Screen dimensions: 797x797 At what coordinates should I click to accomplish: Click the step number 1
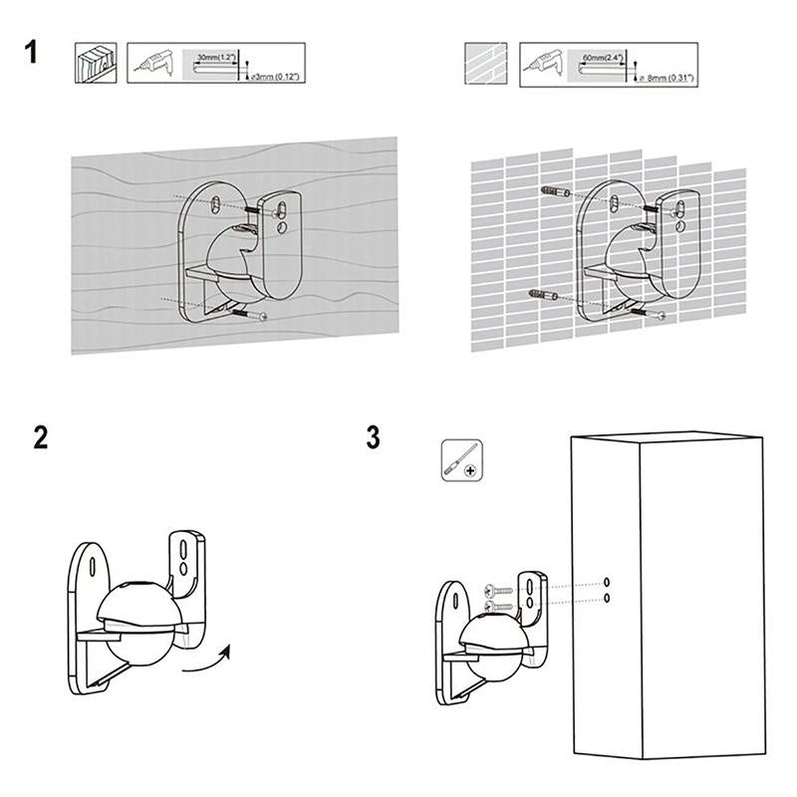tap(33, 51)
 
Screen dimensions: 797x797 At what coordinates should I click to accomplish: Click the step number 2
tap(40, 438)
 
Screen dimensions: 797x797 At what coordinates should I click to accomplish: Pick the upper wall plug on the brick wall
tap(554, 190)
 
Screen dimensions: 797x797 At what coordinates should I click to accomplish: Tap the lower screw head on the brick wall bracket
tap(663, 317)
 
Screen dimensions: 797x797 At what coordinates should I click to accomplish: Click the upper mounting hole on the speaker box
tap(607, 582)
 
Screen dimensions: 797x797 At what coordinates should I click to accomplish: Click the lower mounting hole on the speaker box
tap(607, 597)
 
